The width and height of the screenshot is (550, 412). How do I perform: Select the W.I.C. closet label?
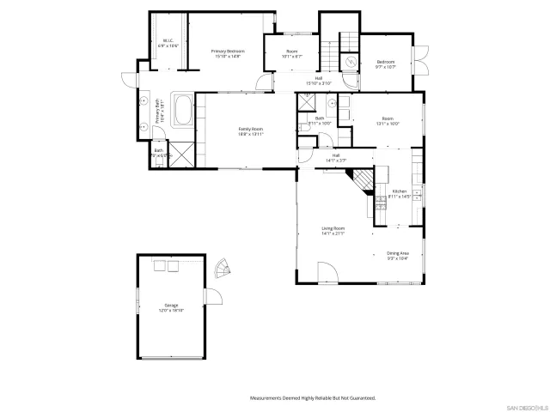[x=169, y=43]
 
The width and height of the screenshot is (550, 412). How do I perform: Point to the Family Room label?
[x=251, y=131]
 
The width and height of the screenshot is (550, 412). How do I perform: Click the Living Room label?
[x=333, y=231]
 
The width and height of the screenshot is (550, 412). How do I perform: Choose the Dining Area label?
[x=398, y=255]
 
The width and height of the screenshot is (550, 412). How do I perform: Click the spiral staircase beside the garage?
[x=223, y=270]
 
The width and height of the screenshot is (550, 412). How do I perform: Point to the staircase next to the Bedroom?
[x=348, y=45]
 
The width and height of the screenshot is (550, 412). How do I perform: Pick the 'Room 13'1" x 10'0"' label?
[x=388, y=121]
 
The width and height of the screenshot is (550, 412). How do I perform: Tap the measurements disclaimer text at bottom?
[x=313, y=398]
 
